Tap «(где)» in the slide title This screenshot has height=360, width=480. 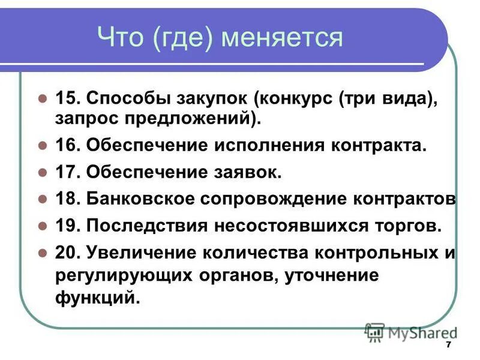(x=184, y=38)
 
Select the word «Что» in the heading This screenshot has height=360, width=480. (x=123, y=38)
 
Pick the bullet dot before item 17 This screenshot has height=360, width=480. (x=42, y=173)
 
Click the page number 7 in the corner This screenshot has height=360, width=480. (x=448, y=346)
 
